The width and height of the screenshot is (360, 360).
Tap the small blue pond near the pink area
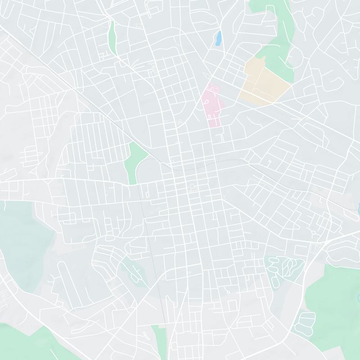[x=218, y=38]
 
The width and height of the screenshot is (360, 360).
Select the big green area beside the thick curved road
[x=333, y=297]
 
